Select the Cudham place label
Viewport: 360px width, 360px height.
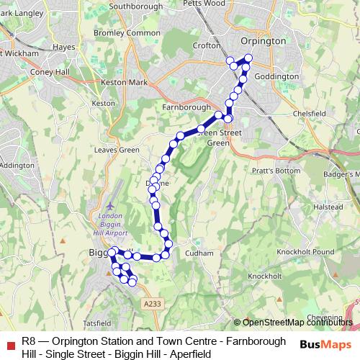tap(199, 253)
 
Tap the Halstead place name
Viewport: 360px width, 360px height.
tap(328, 207)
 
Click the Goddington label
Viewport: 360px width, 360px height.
tap(276, 76)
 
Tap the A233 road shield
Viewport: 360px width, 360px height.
tap(152, 305)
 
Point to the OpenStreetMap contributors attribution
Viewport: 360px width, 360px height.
tap(296, 323)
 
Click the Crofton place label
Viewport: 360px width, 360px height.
tap(207, 45)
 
